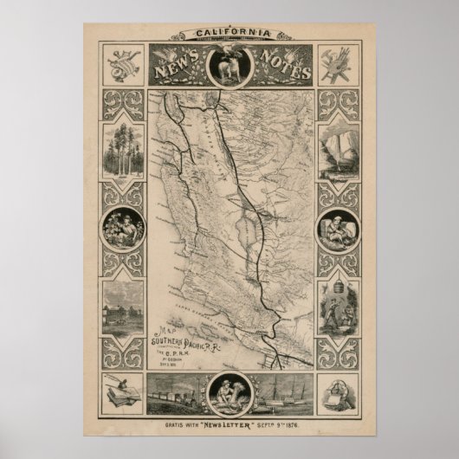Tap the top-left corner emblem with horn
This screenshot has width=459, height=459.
121,66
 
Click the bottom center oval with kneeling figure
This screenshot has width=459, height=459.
229,394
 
